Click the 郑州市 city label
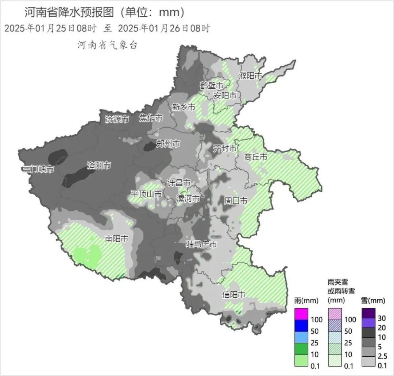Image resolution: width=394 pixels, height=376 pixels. [168, 144]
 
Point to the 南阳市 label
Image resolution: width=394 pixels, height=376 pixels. [117, 239]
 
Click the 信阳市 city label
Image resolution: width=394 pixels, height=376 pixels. [234, 295]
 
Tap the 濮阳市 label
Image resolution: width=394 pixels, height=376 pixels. [250, 76]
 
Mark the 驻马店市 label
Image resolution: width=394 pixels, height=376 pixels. [201, 244]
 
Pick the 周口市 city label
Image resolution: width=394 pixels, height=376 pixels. [236, 201]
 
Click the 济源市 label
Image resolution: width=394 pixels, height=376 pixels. [117, 119]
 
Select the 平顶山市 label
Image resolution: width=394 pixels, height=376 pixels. [146, 194]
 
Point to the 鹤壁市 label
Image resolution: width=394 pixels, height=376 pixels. [211, 86]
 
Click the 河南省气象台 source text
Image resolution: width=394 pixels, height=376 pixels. [107, 45]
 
